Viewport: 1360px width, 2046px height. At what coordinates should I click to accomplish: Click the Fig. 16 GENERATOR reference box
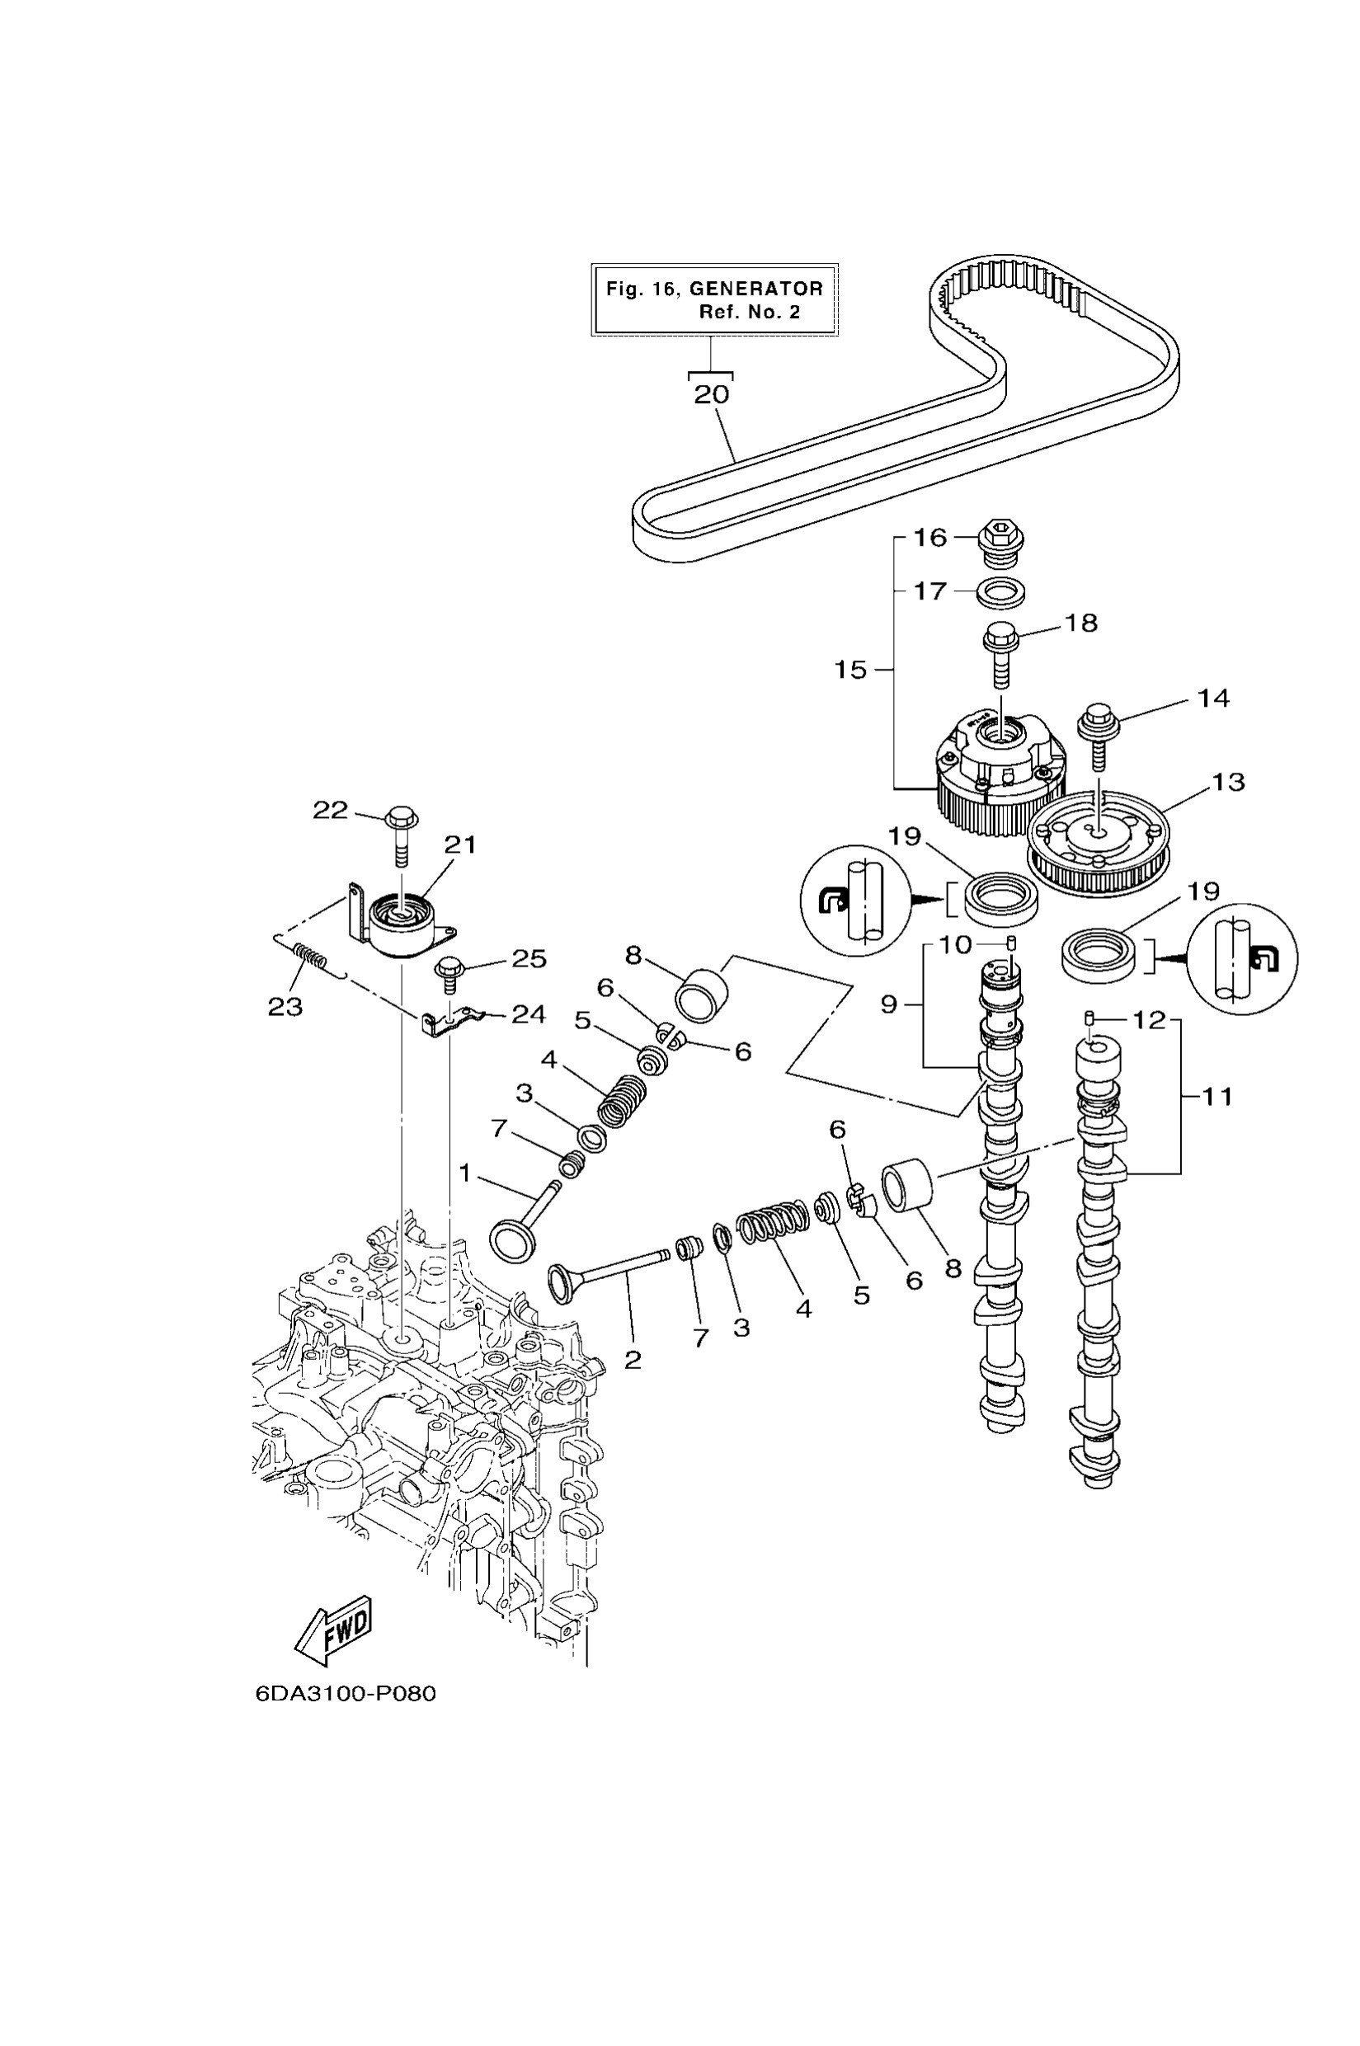714,299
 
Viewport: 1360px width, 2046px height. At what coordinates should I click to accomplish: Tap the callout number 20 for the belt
711,395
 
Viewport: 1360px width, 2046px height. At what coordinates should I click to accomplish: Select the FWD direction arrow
334,1630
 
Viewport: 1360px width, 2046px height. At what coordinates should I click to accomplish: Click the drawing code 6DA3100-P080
346,1693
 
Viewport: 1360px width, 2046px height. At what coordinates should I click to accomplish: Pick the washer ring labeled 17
1000,594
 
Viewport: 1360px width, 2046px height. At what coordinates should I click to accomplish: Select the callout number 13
1227,783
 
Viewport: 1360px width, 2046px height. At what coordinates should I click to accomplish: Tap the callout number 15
851,670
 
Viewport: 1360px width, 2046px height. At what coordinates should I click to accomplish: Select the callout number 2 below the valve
633,1359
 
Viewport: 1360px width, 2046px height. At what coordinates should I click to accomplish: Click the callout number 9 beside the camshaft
888,1004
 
